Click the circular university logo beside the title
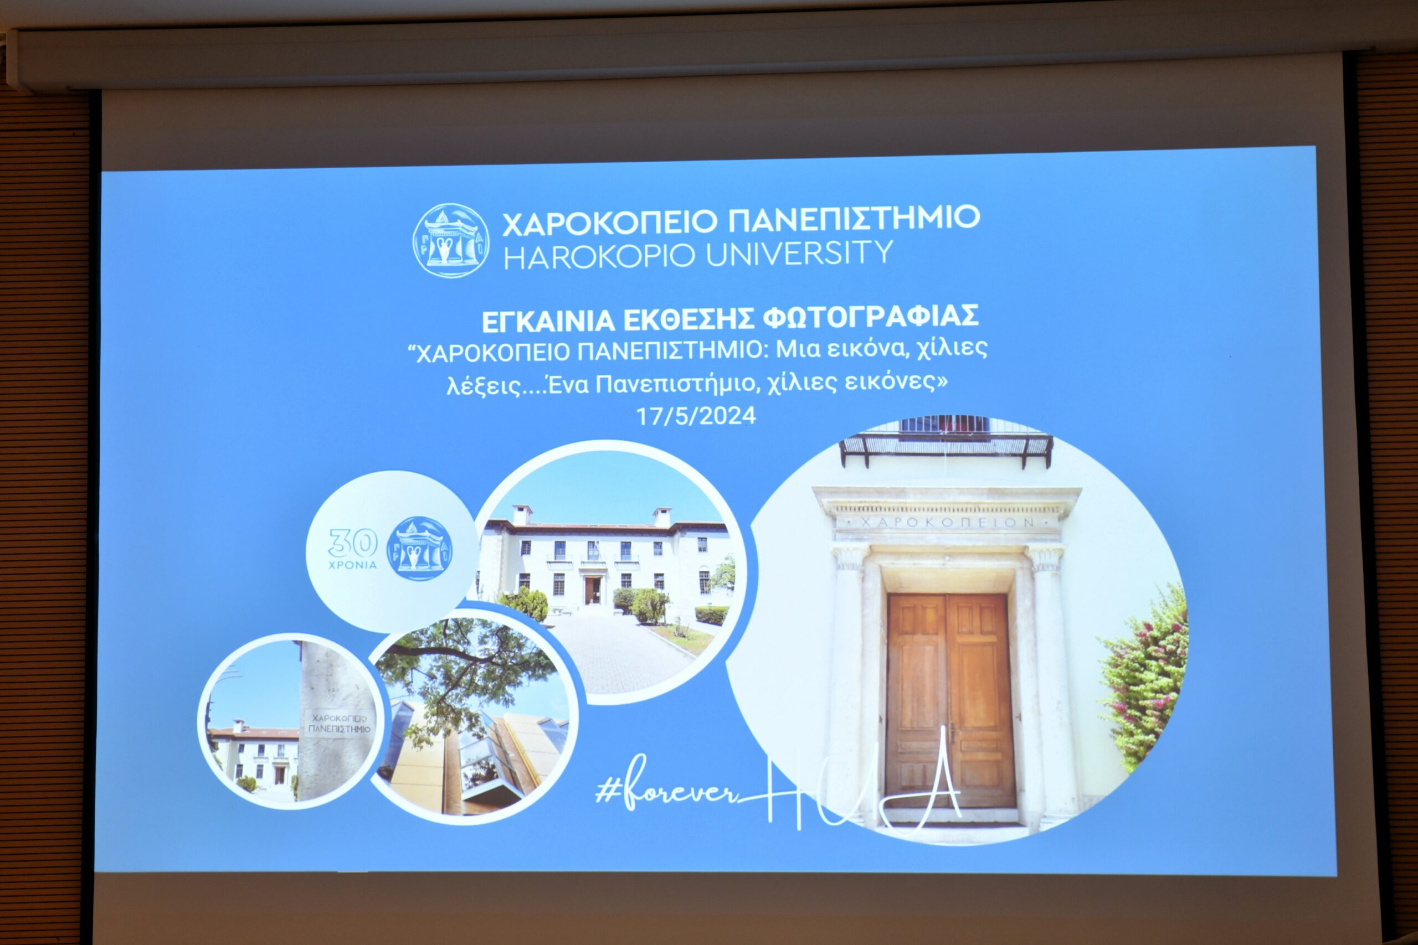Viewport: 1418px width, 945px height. coord(451,239)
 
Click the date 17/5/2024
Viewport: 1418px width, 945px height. coord(696,416)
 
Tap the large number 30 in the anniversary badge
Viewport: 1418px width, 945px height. coord(353,543)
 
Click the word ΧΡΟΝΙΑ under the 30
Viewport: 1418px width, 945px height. coord(353,565)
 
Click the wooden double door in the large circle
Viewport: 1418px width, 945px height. coord(949,701)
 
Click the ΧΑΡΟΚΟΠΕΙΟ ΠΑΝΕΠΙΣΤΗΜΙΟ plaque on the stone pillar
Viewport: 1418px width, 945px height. coord(340,724)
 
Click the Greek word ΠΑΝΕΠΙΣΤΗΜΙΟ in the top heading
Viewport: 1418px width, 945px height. coord(855,219)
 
